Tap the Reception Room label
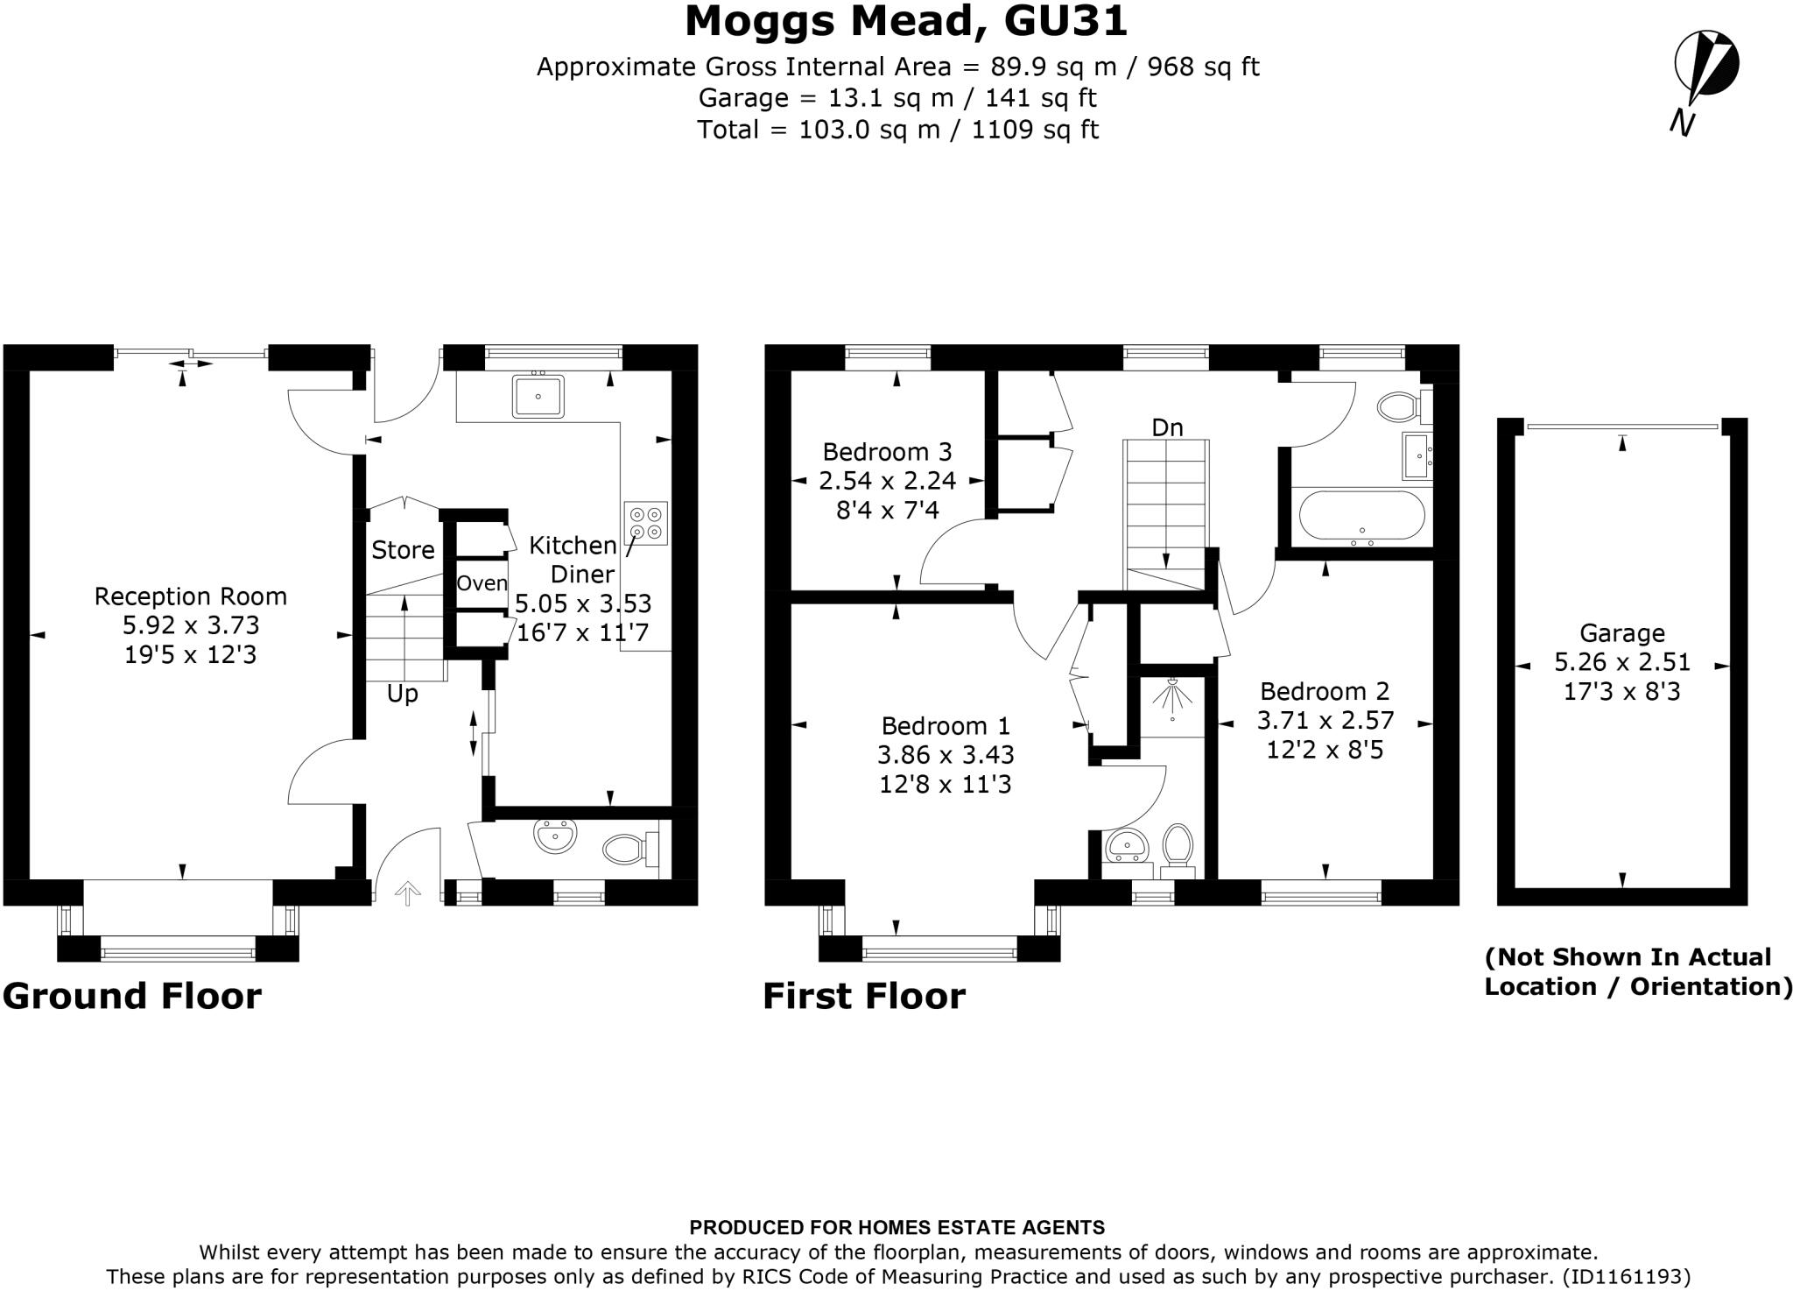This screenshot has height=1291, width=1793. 191,596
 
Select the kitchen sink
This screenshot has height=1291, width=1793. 538,396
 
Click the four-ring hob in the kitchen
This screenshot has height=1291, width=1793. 646,523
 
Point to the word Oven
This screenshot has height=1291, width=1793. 482,583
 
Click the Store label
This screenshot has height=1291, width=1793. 403,550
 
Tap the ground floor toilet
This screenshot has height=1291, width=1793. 630,847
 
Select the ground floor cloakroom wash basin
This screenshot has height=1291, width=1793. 555,836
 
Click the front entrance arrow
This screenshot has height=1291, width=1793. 408,892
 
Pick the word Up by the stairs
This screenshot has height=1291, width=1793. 403,694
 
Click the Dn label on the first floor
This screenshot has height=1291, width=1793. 1167,427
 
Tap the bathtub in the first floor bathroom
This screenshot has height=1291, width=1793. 1361,515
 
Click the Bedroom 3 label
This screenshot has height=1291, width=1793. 887,452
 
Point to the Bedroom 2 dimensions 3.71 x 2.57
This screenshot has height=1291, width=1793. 1325,721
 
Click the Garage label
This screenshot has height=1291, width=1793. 1622,632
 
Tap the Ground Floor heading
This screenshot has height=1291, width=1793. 132,996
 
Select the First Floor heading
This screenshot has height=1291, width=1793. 864,996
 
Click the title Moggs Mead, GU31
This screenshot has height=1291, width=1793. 906,21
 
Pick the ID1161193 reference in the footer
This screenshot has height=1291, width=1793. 1618,1276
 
